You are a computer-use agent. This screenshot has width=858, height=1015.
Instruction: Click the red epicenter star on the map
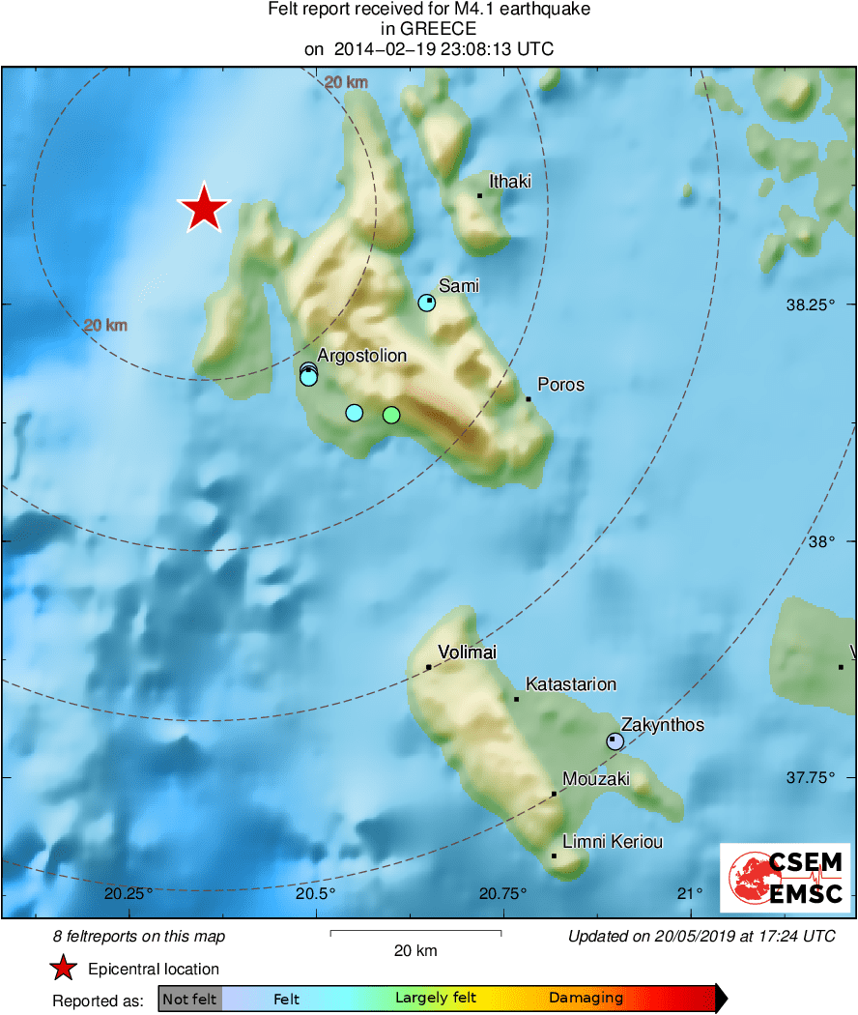(204, 208)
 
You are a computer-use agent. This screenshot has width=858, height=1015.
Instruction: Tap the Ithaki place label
(509, 181)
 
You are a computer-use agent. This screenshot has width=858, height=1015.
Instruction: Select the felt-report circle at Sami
(427, 303)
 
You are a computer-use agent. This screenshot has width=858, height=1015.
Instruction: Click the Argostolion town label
(361, 356)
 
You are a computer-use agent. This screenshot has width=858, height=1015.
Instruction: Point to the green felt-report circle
(390, 415)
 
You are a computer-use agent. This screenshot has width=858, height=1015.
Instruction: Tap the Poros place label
(560, 385)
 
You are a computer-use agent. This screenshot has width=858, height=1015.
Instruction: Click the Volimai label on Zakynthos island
(467, 652)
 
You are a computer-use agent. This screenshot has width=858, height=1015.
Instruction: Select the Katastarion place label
(570, 684)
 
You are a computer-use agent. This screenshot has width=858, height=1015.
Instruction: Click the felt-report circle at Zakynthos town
(615, 741)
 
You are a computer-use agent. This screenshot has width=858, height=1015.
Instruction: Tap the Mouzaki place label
(595, 778)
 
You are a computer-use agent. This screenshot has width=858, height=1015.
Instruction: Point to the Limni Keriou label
(613, 842)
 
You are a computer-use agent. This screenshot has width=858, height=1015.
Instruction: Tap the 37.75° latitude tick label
(810, 777)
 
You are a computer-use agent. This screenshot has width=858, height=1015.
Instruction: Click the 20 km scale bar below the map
(415, 933)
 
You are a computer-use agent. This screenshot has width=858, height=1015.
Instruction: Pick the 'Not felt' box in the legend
(189, 999)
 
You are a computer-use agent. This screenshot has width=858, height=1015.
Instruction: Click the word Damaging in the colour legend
(586, 999)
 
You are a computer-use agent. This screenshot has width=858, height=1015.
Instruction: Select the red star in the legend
(64, 968)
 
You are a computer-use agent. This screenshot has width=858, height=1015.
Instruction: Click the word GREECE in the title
(429, 29)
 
